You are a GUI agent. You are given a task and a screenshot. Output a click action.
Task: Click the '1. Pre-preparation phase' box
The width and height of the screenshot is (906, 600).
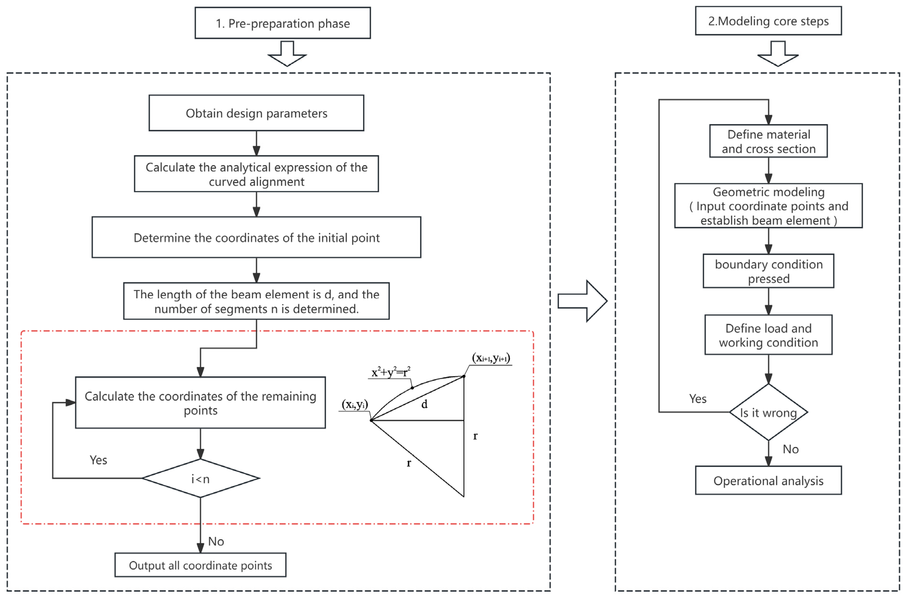(x=282, y=23)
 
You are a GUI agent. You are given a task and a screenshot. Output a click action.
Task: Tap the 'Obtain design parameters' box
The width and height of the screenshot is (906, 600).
(x=256, y=113)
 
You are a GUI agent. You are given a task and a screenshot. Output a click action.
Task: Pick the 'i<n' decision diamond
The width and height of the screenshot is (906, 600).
(x=200, y=478)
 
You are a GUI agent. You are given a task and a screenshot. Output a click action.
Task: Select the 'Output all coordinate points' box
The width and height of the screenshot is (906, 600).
(x=200, y=565)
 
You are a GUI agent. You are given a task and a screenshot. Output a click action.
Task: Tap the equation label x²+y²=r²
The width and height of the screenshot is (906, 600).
(x=390, y=372)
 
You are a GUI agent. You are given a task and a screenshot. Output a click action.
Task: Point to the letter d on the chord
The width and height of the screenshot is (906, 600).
(x=424, y=404)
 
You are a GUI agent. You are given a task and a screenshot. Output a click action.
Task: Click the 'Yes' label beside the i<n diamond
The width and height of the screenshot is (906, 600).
(x=98, y=460)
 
